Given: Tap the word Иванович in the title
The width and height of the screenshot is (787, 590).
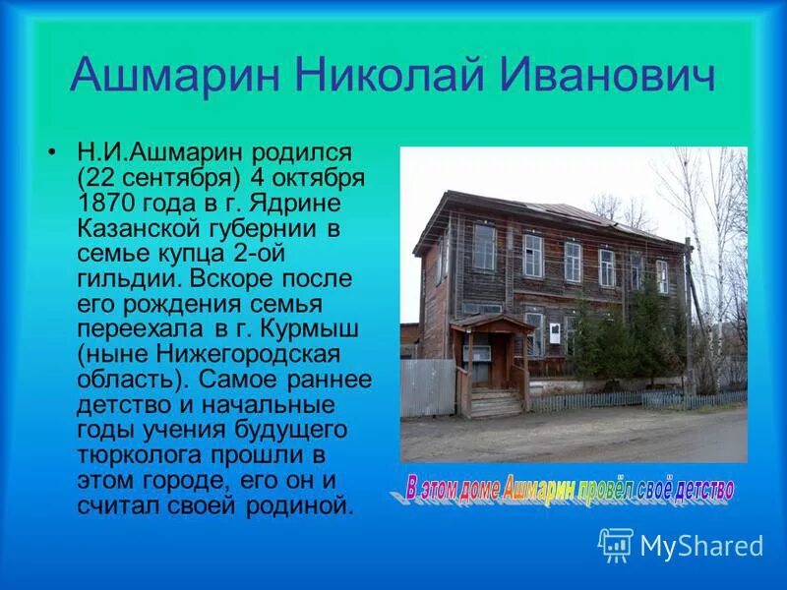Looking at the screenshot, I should [612, 76].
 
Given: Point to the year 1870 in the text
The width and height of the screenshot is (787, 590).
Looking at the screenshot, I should [108, 203].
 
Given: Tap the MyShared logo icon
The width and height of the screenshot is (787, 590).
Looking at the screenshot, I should [615, 543].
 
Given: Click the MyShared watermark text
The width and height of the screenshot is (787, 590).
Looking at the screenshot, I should [701, 545].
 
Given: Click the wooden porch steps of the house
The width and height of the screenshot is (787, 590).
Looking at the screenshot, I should [495, 402].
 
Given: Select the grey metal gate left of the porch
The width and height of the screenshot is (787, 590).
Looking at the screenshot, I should [428, 386].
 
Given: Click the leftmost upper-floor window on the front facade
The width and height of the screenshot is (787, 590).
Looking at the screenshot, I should [484, 247].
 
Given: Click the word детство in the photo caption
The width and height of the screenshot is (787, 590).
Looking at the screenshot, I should [700, 489].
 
